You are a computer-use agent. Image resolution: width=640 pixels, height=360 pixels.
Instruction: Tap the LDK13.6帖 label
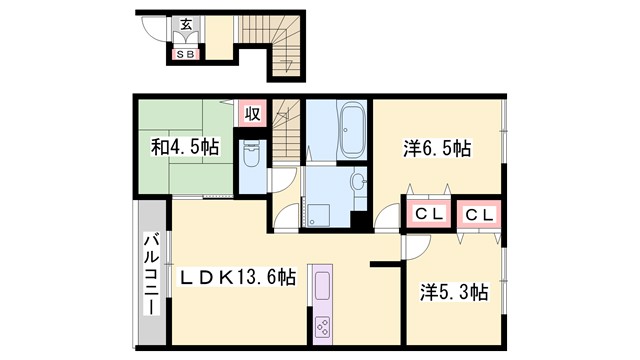click(238, 277)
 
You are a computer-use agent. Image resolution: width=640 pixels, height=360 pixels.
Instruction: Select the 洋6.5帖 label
click(437, 148)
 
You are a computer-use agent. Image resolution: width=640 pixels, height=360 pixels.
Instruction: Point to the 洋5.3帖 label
click(452, 293)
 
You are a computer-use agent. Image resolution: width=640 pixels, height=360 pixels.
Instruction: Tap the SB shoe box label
click(186, 55)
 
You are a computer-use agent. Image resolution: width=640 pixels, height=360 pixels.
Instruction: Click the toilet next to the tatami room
click(251, 153)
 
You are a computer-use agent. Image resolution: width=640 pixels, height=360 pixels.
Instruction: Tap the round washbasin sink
click(357, 183)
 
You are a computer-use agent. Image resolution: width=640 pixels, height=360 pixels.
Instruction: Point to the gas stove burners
click(324, 326)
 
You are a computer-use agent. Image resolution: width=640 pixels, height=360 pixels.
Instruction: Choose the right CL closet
click(478, 213)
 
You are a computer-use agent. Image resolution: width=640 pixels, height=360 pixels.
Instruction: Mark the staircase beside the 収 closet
click(286, 125)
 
